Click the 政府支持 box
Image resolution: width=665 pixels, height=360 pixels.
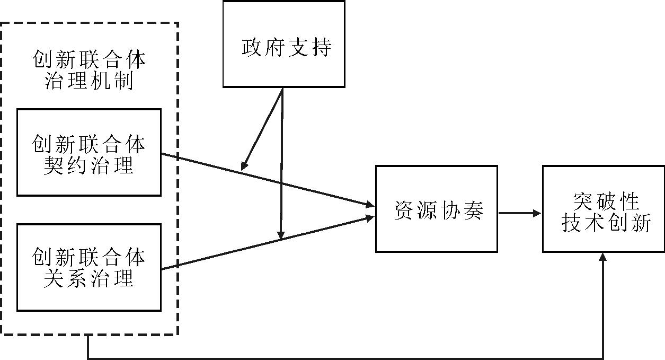(283, 44)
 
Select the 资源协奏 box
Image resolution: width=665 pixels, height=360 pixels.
(436, 208)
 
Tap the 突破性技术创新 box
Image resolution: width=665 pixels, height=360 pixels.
(603, 208)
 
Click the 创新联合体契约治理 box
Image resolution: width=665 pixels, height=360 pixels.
(89, 152)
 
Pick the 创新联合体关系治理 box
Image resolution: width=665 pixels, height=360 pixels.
(89, 267)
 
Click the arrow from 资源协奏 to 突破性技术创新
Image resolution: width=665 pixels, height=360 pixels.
(519, 213)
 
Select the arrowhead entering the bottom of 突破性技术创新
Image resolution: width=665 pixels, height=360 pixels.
(603, 257)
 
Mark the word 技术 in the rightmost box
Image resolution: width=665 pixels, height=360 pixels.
(583, 224)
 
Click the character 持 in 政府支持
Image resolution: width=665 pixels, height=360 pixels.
(320, 47)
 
